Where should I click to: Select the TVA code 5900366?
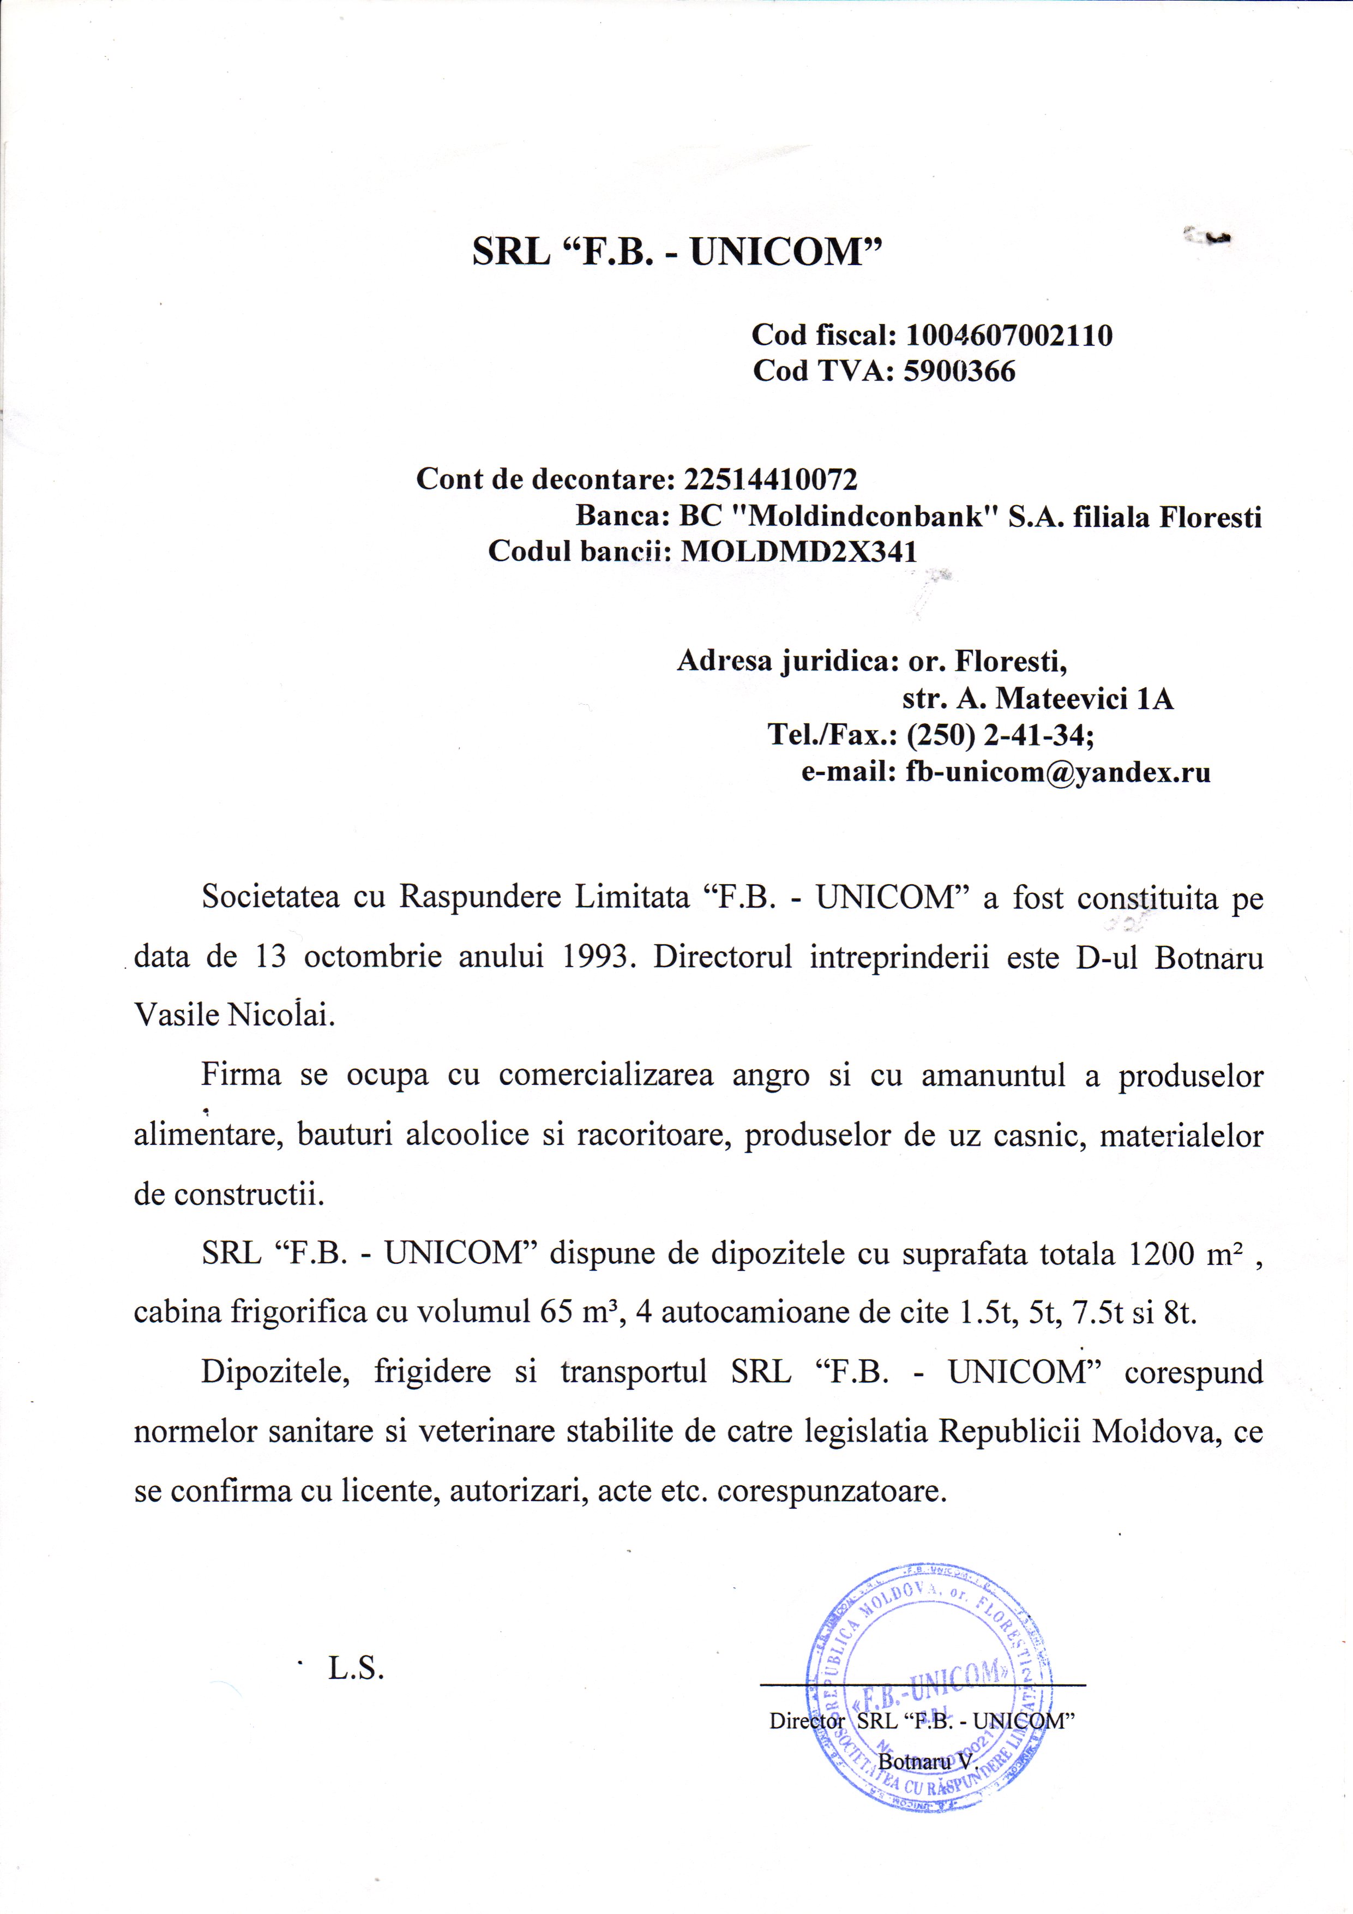coord(959,371)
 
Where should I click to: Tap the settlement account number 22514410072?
coord(770,479)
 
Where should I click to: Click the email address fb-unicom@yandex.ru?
coord(1058,772)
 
